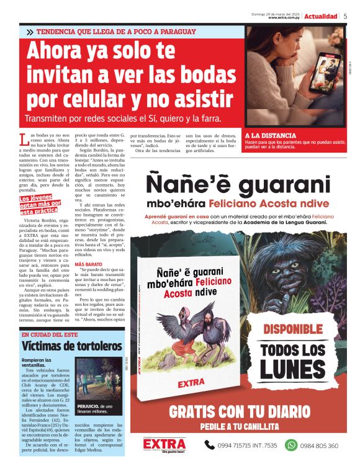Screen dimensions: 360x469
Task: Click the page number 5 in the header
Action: [346, 16]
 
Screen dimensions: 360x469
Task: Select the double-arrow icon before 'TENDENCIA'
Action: [30, 32]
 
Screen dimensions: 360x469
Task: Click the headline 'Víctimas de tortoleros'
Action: [71, 346]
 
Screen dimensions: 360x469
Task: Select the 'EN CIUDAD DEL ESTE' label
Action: [50, 334]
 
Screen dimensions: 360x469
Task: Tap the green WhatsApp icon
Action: [290, 445]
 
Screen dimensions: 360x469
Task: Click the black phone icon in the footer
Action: [210, 445]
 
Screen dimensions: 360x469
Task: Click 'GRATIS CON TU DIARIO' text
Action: [239, 411]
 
